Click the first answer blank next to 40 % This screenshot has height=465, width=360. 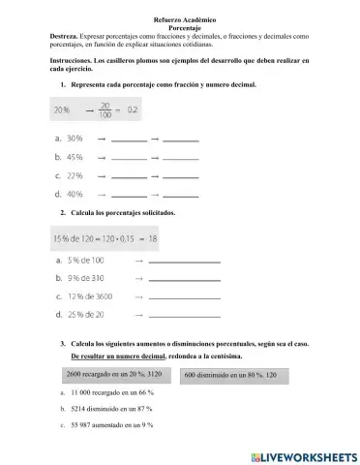129,196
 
